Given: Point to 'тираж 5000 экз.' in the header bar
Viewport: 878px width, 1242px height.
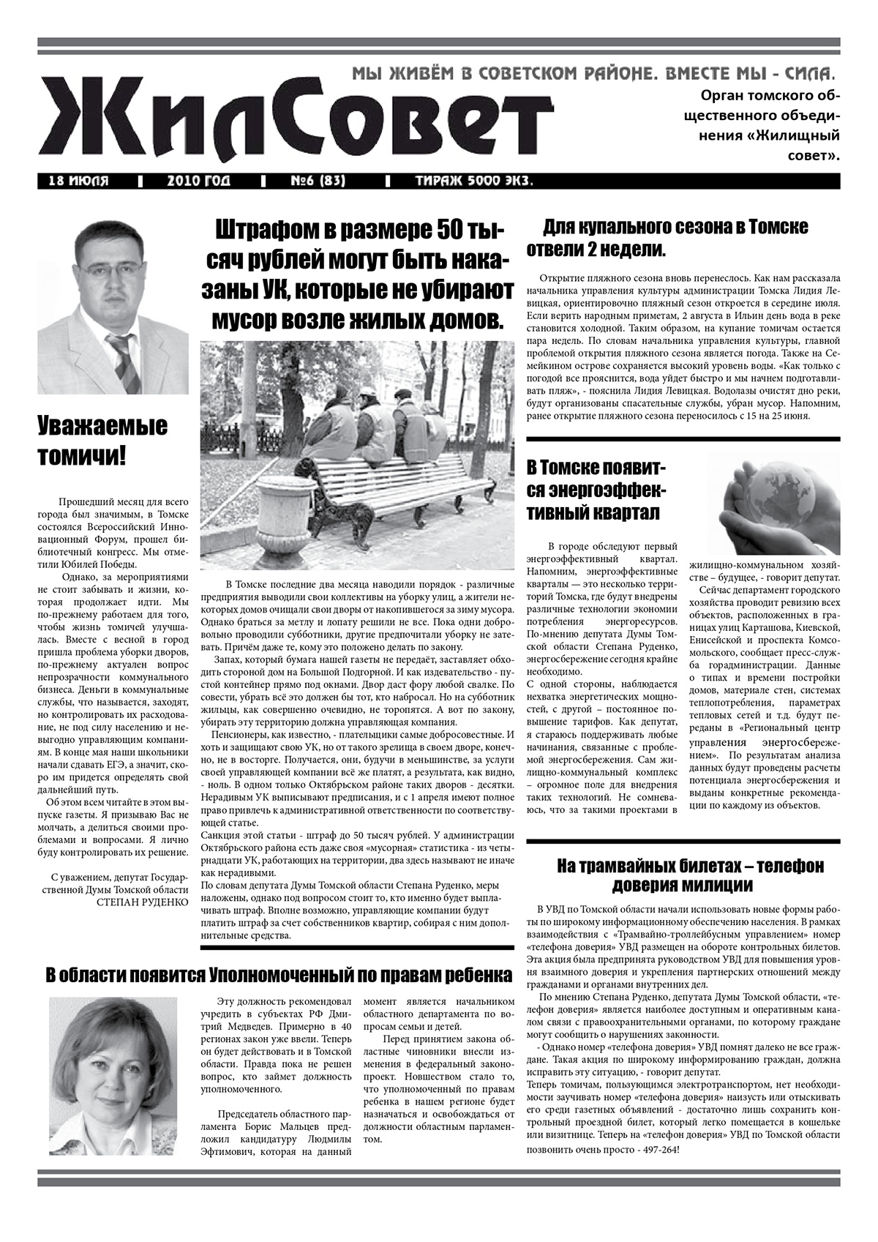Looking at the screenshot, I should (473, 181).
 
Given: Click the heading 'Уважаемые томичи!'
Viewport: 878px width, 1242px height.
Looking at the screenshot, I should (102, 441).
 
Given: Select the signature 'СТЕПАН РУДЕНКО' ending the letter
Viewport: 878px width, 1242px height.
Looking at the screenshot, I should (142, 902).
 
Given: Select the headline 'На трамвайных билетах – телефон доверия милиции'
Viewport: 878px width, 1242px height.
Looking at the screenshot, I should (689, 875).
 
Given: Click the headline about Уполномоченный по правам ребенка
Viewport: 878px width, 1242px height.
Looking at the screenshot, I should (278, 976).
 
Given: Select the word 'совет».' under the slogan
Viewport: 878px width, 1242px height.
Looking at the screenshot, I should (815, 155).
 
